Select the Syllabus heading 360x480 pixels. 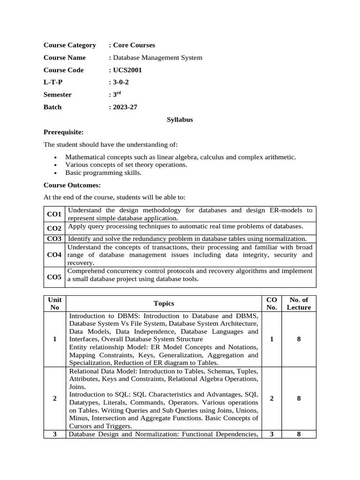click(180, 120)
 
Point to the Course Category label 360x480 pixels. click(69, 45)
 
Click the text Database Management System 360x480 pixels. click(157, 58)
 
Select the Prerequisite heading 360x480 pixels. click(63, 132)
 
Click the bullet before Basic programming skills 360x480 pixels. click(55, 173)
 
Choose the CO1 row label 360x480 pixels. click(54, 214)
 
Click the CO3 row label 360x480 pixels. click(54, 239)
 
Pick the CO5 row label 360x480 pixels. click(54, 277)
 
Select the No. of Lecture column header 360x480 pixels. click(299, 304)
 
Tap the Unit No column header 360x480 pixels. click(55, 304)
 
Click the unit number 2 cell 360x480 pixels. click(55, 398)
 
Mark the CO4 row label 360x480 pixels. click(54, 255)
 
